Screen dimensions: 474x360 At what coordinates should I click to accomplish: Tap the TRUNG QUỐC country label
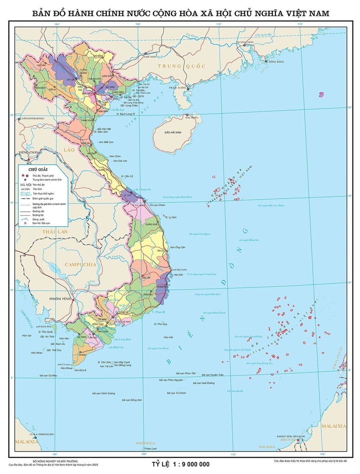(175, 66)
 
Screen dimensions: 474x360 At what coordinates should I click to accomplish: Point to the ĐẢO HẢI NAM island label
(173, 132)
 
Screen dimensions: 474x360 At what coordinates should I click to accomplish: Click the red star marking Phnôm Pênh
(73, 301)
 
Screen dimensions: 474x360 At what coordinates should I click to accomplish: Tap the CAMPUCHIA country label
(80, 264)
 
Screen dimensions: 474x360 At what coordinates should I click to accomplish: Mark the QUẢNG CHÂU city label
(245, 43)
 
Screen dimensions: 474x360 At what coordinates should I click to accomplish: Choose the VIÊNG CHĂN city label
(28, 152)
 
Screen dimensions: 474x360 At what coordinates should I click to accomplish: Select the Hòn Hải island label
(168, 337)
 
